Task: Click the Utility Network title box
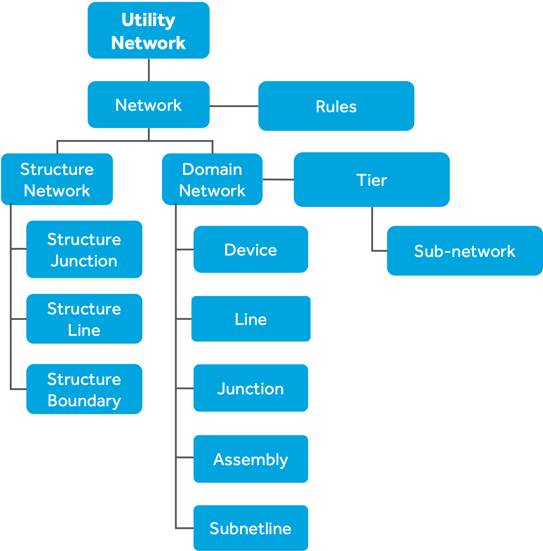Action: pos(149,30)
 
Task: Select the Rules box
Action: pos(336,106)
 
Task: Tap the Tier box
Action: pos(372,179)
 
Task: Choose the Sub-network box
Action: pos(464,251)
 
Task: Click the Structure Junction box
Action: pos(84,249)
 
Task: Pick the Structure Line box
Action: pos(84,319)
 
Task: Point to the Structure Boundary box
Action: pos(84,389)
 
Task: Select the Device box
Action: pos(251,250)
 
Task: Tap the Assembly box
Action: pos(251,459)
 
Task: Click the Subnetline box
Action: pos(251,528)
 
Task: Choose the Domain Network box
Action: pos(212,179)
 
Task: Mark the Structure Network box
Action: pos(57,179)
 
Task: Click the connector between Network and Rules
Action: pos(234,106)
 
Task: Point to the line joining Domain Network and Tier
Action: pos(278,179)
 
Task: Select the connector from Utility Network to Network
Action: pos(149,70)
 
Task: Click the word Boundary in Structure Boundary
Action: pos(84,401)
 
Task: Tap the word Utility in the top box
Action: pos(148,20)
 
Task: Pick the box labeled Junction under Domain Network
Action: pos(251,388)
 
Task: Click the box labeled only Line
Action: pos(251,319)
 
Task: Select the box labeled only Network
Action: pos(149,105)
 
